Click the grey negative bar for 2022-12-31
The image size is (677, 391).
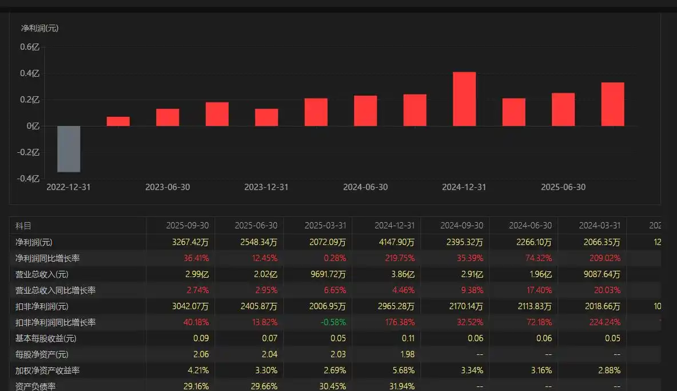[x=69, y=149]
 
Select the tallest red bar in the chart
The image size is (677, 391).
[x=464, y=99]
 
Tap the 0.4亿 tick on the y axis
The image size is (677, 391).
[x=30, y=73]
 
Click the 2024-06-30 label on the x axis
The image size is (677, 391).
[x=365, y=187]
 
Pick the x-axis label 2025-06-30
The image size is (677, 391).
[x=563, y=187]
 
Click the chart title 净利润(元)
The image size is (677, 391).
[x=40, y=27]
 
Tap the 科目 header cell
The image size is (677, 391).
[x=23, y=226]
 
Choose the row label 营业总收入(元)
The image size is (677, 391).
[x=39, y=274]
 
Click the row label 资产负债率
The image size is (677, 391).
[x=35, y=386]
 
